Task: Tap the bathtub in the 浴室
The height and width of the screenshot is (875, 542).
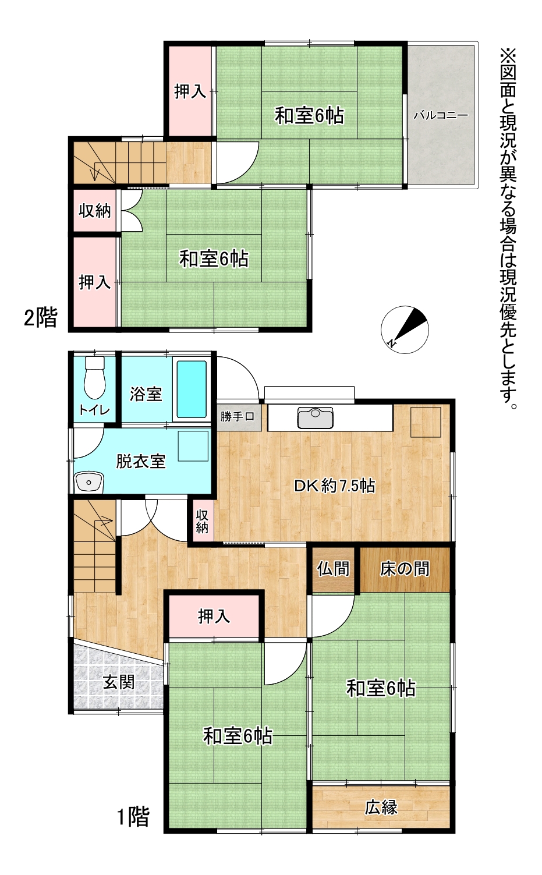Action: (192, 389)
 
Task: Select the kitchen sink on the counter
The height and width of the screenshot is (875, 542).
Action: (315, 417)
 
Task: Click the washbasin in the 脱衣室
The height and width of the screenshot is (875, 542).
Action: (89, 483)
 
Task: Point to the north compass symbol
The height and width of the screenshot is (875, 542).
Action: (405, 330)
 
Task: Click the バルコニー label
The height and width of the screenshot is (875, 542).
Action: (441, 115)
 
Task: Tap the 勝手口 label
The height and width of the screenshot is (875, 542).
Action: (237, 416)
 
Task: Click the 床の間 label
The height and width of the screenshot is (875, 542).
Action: (405, 569)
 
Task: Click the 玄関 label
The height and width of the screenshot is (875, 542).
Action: (119, 682)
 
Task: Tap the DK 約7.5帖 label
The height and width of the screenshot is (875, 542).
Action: (335, 486)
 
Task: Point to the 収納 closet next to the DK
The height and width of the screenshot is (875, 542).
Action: (202, 521)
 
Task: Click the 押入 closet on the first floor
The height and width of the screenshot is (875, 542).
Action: (214, 616)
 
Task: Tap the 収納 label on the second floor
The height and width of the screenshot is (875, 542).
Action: (95, 211)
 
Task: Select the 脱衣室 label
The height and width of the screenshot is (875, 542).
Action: (141, 461)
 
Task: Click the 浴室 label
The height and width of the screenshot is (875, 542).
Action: (146, 394)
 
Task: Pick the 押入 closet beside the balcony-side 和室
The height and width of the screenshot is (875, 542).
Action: (190, 91)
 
